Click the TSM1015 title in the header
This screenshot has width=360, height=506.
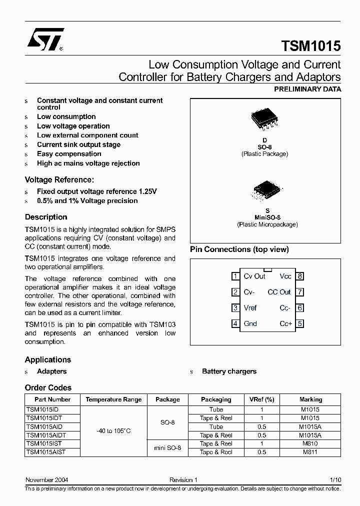pos(311,46)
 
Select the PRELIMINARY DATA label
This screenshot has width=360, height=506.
pos(307,89)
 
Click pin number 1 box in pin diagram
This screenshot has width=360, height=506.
pos(235,276)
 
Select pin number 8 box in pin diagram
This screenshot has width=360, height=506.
pos(300,276)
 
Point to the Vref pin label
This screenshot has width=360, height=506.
pos(250,308)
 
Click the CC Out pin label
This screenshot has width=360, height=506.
pos(279,292)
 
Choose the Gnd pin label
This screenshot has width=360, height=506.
pos(250,323)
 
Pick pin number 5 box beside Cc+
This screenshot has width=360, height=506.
pos(300,323)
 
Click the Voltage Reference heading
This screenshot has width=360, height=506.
pos(59,179)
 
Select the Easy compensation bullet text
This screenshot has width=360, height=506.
pos(69,154)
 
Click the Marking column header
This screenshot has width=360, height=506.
pos(310,399)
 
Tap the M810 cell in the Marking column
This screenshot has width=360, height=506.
pos(310,443)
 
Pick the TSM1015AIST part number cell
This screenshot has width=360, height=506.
pos(46,451)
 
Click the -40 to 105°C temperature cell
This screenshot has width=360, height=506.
pos(113,430)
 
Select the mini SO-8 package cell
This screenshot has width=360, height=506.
pos(167,447)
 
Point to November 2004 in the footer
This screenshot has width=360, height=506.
pos(46,480)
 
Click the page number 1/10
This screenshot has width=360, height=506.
pos(335,480)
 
